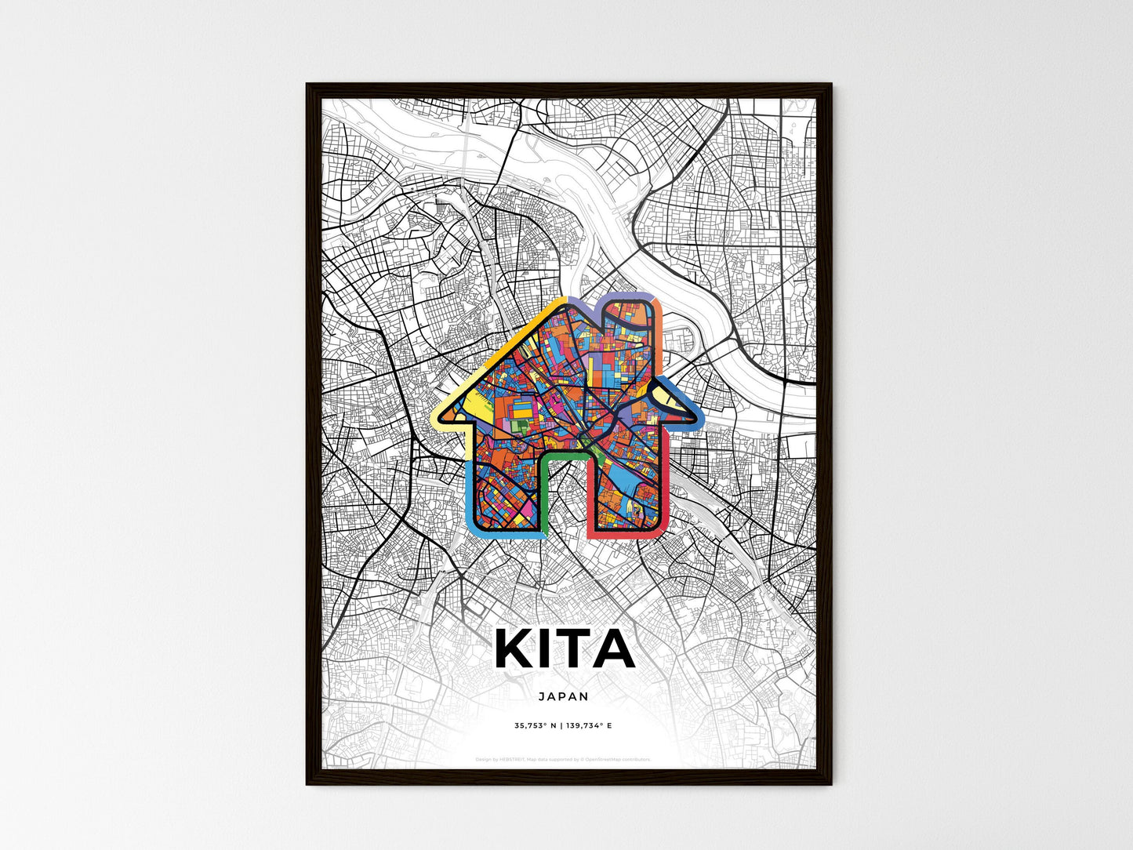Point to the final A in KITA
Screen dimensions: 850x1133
coord(615,649)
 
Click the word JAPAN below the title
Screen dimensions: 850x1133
coord(564,696)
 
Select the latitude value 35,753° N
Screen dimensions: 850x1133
coord(536,726)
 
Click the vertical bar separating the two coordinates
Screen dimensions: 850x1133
coord(562,726)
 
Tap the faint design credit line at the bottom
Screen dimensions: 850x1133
coord(563,759)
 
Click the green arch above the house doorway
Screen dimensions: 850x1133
coord(564,452)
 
